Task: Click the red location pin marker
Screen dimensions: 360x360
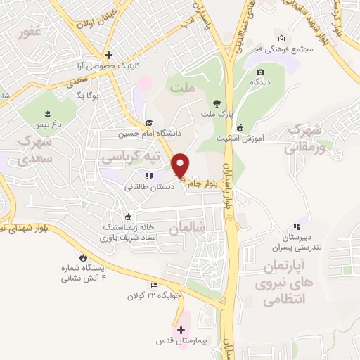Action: pos(181,165)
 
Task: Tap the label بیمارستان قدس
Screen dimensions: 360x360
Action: pos(182,341)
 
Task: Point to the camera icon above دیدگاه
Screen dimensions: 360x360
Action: pos(261,72)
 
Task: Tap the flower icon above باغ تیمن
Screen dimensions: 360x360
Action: pos(47,114)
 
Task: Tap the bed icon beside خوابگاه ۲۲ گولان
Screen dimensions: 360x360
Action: pos(155,285)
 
